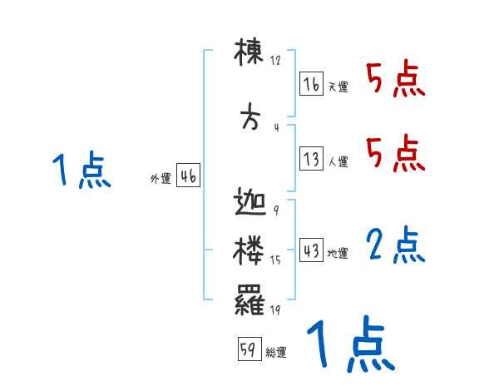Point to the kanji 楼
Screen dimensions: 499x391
[x=249, y=250]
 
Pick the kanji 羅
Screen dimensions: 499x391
[x=249, y=297]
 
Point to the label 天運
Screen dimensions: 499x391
[x=338, y=87]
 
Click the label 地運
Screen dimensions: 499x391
[x=338, y=253]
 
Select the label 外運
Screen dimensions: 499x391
[x=160, y=179]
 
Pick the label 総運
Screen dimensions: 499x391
[x=276, y=352]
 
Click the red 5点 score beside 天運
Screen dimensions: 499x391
[x=395, y=80]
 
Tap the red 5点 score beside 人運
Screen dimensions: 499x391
[x=395, y=154]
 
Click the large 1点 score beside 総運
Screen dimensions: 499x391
[x=349, y=343]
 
